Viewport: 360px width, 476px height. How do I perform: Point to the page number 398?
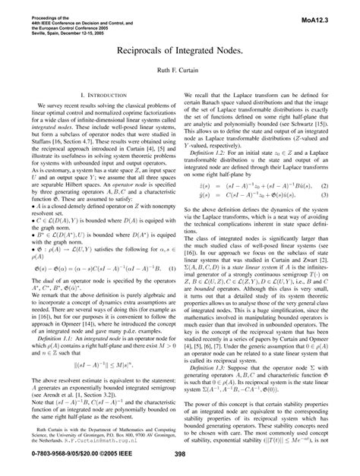coord(180,454)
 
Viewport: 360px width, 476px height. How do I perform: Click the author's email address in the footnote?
coord(109,437)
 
